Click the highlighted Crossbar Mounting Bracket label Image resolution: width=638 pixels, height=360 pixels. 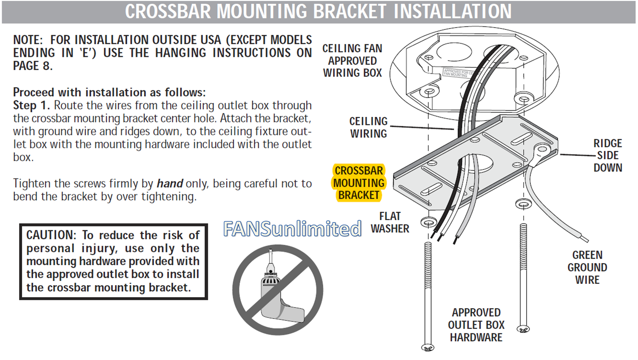click(359, 183)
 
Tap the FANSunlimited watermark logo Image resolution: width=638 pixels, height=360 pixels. click(293, 229)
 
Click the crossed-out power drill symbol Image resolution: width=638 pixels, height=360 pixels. click(278, 289)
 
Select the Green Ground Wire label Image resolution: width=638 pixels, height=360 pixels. click(587, 267)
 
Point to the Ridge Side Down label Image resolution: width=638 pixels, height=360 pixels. click(607, 156)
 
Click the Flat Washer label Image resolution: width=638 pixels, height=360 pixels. click(390, 222)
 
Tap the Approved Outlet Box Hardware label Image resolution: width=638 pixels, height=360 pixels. click(476, 325)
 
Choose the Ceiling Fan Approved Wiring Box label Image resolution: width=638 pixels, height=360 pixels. click(352, 60)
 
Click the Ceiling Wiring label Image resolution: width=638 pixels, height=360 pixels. click(368, 127)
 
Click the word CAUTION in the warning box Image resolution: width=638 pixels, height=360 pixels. click(51, 235)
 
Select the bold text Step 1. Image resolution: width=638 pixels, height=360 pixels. click(31, 105)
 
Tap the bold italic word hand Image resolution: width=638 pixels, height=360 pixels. click(170, 184)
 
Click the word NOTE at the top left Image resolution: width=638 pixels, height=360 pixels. click(28, 40)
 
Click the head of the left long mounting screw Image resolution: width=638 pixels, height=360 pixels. click(428, 348)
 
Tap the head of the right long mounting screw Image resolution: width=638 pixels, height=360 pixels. click(523, 329)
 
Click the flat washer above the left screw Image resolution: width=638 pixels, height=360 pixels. click(428, 222)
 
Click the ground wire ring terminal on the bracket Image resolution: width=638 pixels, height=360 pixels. click(541, 150)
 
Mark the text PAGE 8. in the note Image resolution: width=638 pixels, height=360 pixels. click(33, 66)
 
